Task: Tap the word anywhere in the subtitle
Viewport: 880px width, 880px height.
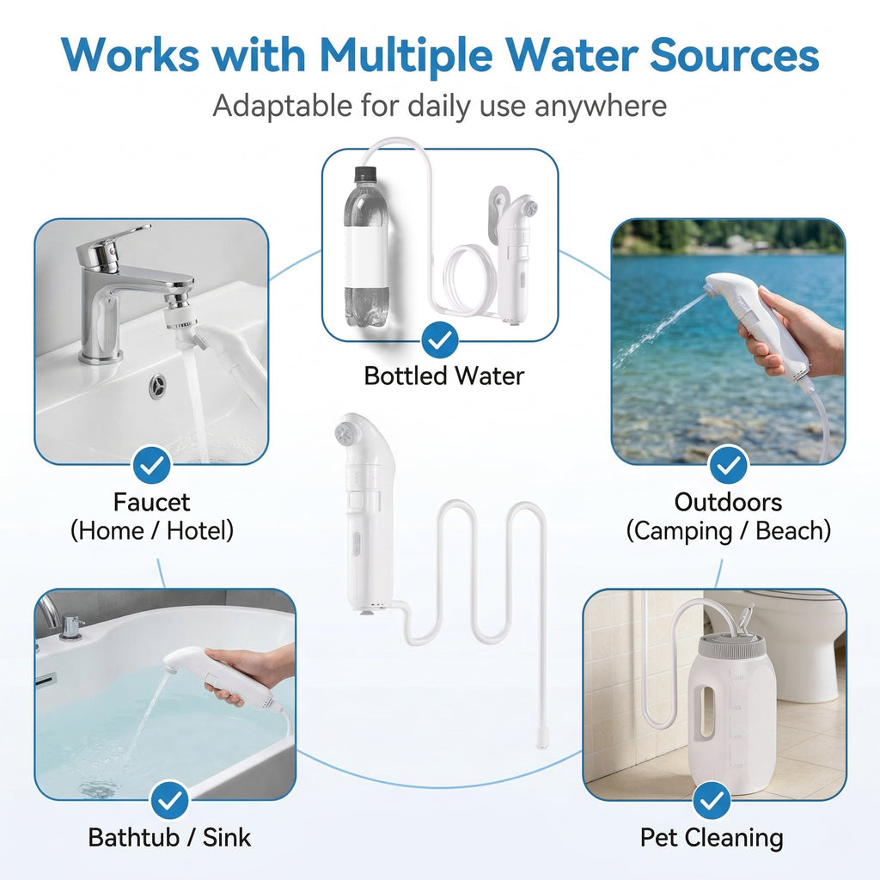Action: (x=600, y=106)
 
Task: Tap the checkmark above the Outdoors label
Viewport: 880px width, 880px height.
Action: (x=728, y=465)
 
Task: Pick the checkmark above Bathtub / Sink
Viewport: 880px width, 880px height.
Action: (x=170, y=801)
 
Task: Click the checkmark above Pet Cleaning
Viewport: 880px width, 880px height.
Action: (x=711, y=801)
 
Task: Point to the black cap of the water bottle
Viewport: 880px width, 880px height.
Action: (x=365, y=174)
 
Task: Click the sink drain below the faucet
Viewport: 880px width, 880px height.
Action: (x=159, y=386)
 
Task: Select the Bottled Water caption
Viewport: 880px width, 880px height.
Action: (x=443, y=376)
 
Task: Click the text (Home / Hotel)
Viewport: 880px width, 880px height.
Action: (x=151, y=530)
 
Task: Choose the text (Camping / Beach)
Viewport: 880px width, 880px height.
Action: (x=728, y=530)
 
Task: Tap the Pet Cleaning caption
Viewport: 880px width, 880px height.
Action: (x=711, y=837)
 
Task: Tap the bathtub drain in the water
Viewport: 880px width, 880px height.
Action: (x=95, y=787)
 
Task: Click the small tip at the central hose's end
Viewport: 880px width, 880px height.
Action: (x=541, y=740)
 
